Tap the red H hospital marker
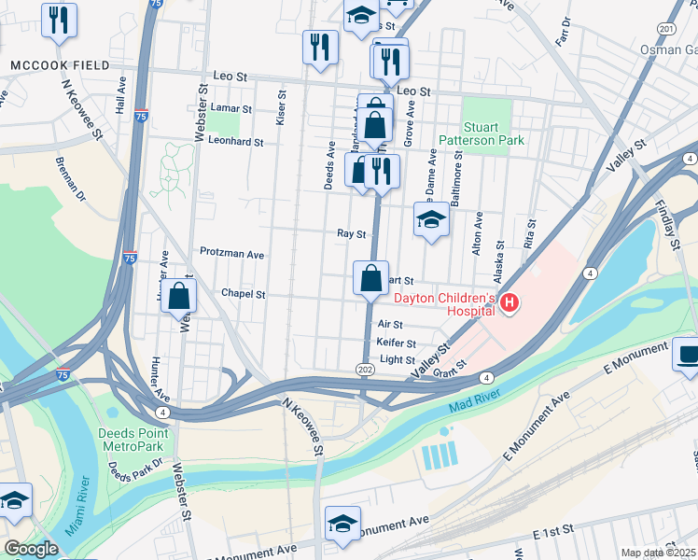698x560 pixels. pos(510,302)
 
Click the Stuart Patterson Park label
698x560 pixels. pos(495,133)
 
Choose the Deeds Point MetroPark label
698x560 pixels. pos(133,440)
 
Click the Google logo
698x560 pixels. pos(31,549)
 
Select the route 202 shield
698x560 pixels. pos(365,371)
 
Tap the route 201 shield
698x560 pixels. pos(666,30)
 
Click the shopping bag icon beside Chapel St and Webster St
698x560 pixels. pos(179,297)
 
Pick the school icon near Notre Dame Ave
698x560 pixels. pos(431,219)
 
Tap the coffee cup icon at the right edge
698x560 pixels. pos(688,355)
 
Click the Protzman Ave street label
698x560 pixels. pos(232,253)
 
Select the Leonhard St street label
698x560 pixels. pos(236,143)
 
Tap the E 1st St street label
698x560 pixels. pos(552,532)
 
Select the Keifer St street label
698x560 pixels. pos(396,343)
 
